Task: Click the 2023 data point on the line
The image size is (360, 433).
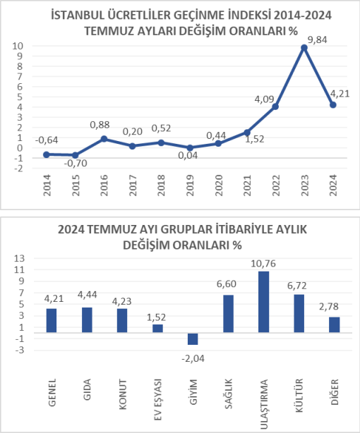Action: [304, 48]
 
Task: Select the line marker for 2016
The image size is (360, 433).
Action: [104, 139]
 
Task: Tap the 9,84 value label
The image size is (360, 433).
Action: [317, 40]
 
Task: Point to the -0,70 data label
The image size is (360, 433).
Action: [76, 163]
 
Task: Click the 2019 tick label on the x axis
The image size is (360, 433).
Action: [190, 185]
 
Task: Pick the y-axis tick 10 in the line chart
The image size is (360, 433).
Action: [18, 46]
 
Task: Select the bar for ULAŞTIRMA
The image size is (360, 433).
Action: [263, 302]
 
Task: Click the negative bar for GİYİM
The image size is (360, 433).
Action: [193, 339]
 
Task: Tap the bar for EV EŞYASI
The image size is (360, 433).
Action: [157, 328]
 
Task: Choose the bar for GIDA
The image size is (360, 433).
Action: [87, 319]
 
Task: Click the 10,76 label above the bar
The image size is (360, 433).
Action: [263, 264]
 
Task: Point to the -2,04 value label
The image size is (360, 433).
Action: [193, 359]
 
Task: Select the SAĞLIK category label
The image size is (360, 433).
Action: [229, 394]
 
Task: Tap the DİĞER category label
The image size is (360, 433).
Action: [335, 392]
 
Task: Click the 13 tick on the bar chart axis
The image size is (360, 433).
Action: [19, 259]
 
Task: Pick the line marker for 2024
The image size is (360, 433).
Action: [333, 105]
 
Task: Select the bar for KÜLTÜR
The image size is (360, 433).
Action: [299, 313]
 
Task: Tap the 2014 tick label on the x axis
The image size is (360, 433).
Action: [47, 185]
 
